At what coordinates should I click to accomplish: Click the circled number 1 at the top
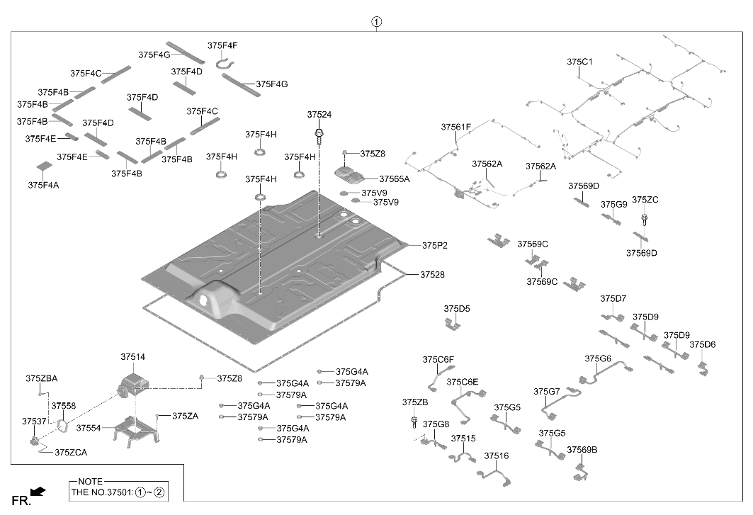pyautogui.click(x=377, y=22)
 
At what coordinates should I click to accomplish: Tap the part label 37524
pyautogui.click(x=319, y=114)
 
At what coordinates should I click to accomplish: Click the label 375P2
pyautogui.click(x=435, y=246)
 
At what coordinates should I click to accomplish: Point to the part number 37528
pyautogui.click(x=432, y=274)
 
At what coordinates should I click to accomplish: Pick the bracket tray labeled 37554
pyautogui.click(x=136, y=429)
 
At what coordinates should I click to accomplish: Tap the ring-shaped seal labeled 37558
pyautogui.click(x=62, y=425)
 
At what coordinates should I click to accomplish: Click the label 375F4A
pyautogui.click(x=43, y=185)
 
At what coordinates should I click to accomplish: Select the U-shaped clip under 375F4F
pyautogui.click(x=226, y=64)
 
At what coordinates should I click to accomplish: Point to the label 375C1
pyautogui.click(x=579, y=62)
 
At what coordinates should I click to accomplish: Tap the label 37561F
pyautogui.click(x=455, y=128)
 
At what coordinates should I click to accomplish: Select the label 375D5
pyautogui.click(x=457, y=308)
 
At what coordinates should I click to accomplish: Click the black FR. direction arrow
pyautogui.click(x=38, y=491)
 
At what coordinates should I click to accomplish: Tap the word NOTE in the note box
pyautogui.click(x=90, y=481)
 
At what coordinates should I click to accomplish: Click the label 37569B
pyautogui.click(x=582, y=450)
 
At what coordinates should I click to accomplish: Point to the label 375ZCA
pyautogui.click(x=71, y=452)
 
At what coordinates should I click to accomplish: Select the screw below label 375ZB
pyautogui.click(x=414, y=423)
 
